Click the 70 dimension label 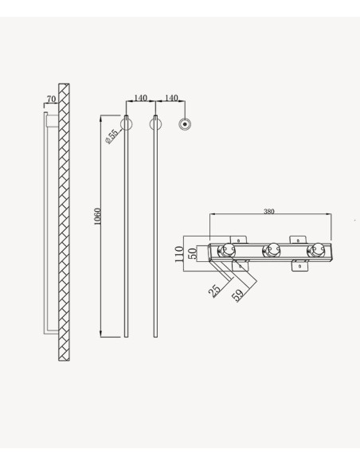coord(51,99)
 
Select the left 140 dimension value coord(140,98)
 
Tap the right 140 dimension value coord(171,98)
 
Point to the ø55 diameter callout coord(112,136)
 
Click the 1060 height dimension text coord(97,217)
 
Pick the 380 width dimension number coord(269,212)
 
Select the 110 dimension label coord(179,254)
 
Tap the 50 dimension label coord(193,253)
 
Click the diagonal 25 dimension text coord(214,291)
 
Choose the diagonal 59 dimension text coord(237,295)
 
